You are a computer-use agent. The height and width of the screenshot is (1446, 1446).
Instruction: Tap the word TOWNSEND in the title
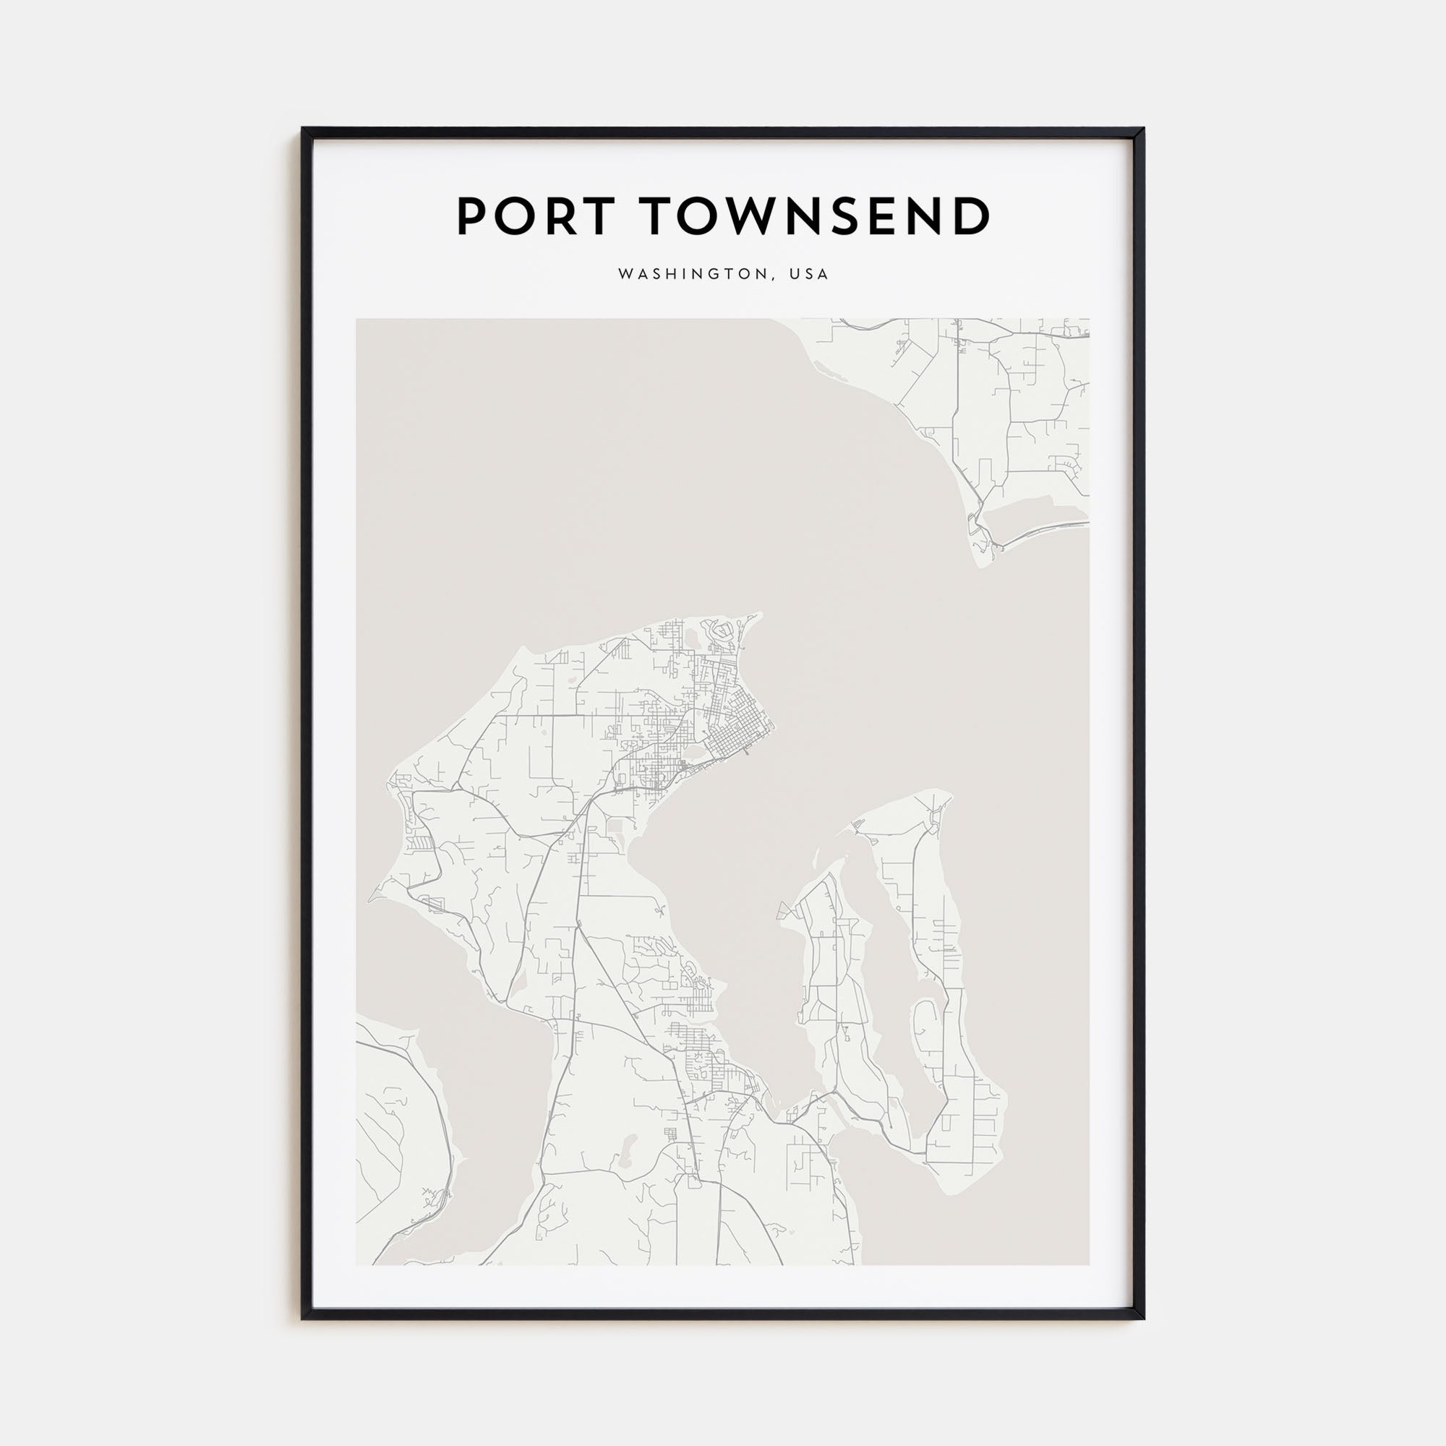click(x=817, y=216)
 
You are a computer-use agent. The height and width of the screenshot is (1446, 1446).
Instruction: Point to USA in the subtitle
click(x=808, y=275)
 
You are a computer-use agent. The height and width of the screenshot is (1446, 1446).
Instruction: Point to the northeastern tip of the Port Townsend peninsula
click(x=760, y=615)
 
